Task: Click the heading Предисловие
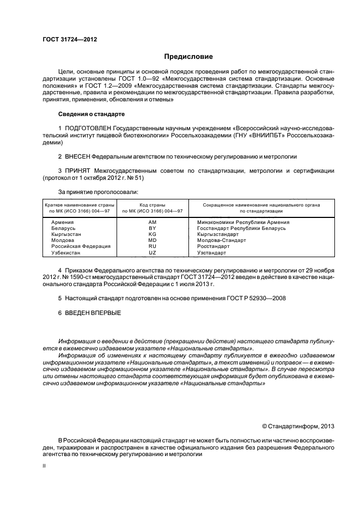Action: click(188, 57)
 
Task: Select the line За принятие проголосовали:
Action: click(97, 192)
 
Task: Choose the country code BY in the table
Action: click(152, 228)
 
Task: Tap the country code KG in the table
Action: click(152, 234)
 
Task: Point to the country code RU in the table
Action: click(152, 246)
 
